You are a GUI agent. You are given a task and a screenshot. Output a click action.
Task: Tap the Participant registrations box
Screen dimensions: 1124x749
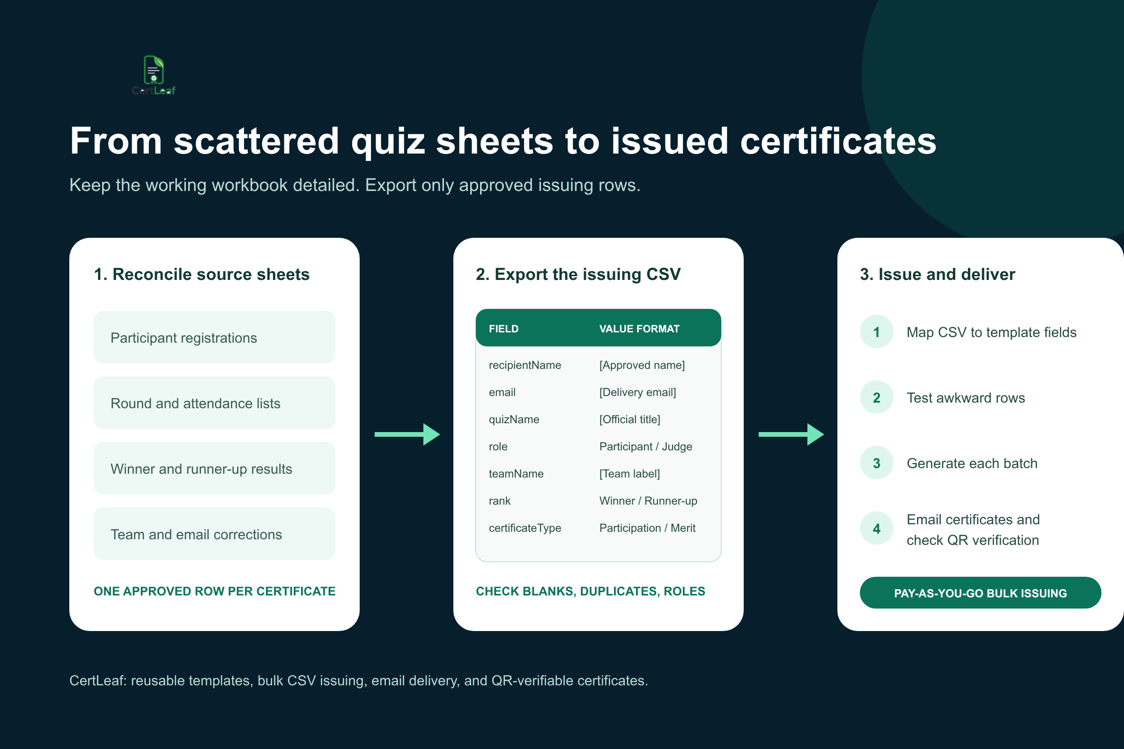click(x=214, y=337)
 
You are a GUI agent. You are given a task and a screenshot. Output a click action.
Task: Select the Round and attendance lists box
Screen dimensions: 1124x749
click(x=214, y=403)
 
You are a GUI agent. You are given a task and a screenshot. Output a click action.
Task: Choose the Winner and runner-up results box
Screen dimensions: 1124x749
click(x=214, y=468)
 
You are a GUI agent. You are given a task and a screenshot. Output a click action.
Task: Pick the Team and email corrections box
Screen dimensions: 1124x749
click(x=214, y=534)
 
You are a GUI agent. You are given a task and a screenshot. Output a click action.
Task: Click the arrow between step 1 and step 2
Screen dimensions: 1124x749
click(x=407, y=434)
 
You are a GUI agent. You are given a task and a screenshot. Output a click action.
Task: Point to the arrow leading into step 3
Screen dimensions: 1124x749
click(x=791, y=434)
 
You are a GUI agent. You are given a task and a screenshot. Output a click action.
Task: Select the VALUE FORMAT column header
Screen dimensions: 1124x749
click(x=639, y=329)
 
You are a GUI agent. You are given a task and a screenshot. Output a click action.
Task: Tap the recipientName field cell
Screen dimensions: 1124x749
click(x=525, y=365)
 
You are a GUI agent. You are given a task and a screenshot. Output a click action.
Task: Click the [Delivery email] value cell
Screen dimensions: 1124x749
click(x=637, y=392)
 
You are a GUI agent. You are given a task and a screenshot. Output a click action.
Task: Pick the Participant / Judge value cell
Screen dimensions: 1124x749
click(x=646, y=447)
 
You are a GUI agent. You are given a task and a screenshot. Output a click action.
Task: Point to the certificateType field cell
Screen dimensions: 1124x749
click(x=525, y=528)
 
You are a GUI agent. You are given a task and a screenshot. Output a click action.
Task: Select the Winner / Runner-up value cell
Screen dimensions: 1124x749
click(x=648, y=500)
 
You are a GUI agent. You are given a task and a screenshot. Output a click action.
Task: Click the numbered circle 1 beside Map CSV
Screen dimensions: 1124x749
click(x=876, y=331)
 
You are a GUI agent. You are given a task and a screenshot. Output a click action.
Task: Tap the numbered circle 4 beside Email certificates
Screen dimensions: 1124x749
click(x=876, y=529)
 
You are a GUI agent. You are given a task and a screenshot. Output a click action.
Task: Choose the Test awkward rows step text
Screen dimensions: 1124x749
click(x=966, y=397)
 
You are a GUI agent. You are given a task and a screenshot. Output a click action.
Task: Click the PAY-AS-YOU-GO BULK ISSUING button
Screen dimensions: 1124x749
click(x=980, y=593)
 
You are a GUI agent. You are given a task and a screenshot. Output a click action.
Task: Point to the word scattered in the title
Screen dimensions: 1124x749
click(x=256, y=141)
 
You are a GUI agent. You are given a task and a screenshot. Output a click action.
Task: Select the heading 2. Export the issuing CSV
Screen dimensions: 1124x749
click(x=578, y=274)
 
